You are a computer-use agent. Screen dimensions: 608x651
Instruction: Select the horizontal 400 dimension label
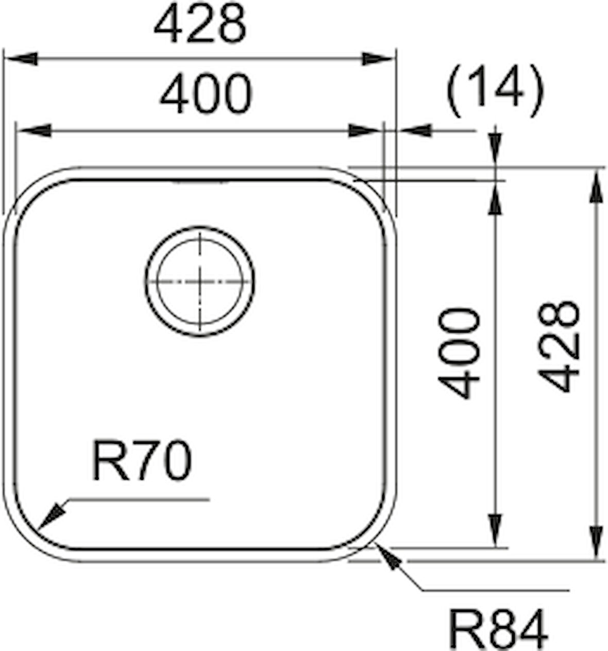(206, 94)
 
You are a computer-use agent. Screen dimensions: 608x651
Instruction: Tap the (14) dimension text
(495, 91)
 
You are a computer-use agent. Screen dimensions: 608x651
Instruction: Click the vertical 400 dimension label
(459, 353)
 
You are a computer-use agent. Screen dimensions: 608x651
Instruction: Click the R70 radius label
(142, 461)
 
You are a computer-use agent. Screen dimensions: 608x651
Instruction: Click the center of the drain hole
(200, 281)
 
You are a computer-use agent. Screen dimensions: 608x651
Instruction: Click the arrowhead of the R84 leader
(389, 557)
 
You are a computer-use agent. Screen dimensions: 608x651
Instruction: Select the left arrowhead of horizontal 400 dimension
(35, 131)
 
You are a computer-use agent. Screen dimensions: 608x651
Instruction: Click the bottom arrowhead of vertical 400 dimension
(495, 530)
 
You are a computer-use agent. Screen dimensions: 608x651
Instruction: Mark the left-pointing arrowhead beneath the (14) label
(415, 131)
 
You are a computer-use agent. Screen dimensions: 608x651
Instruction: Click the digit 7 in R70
(143, 461)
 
